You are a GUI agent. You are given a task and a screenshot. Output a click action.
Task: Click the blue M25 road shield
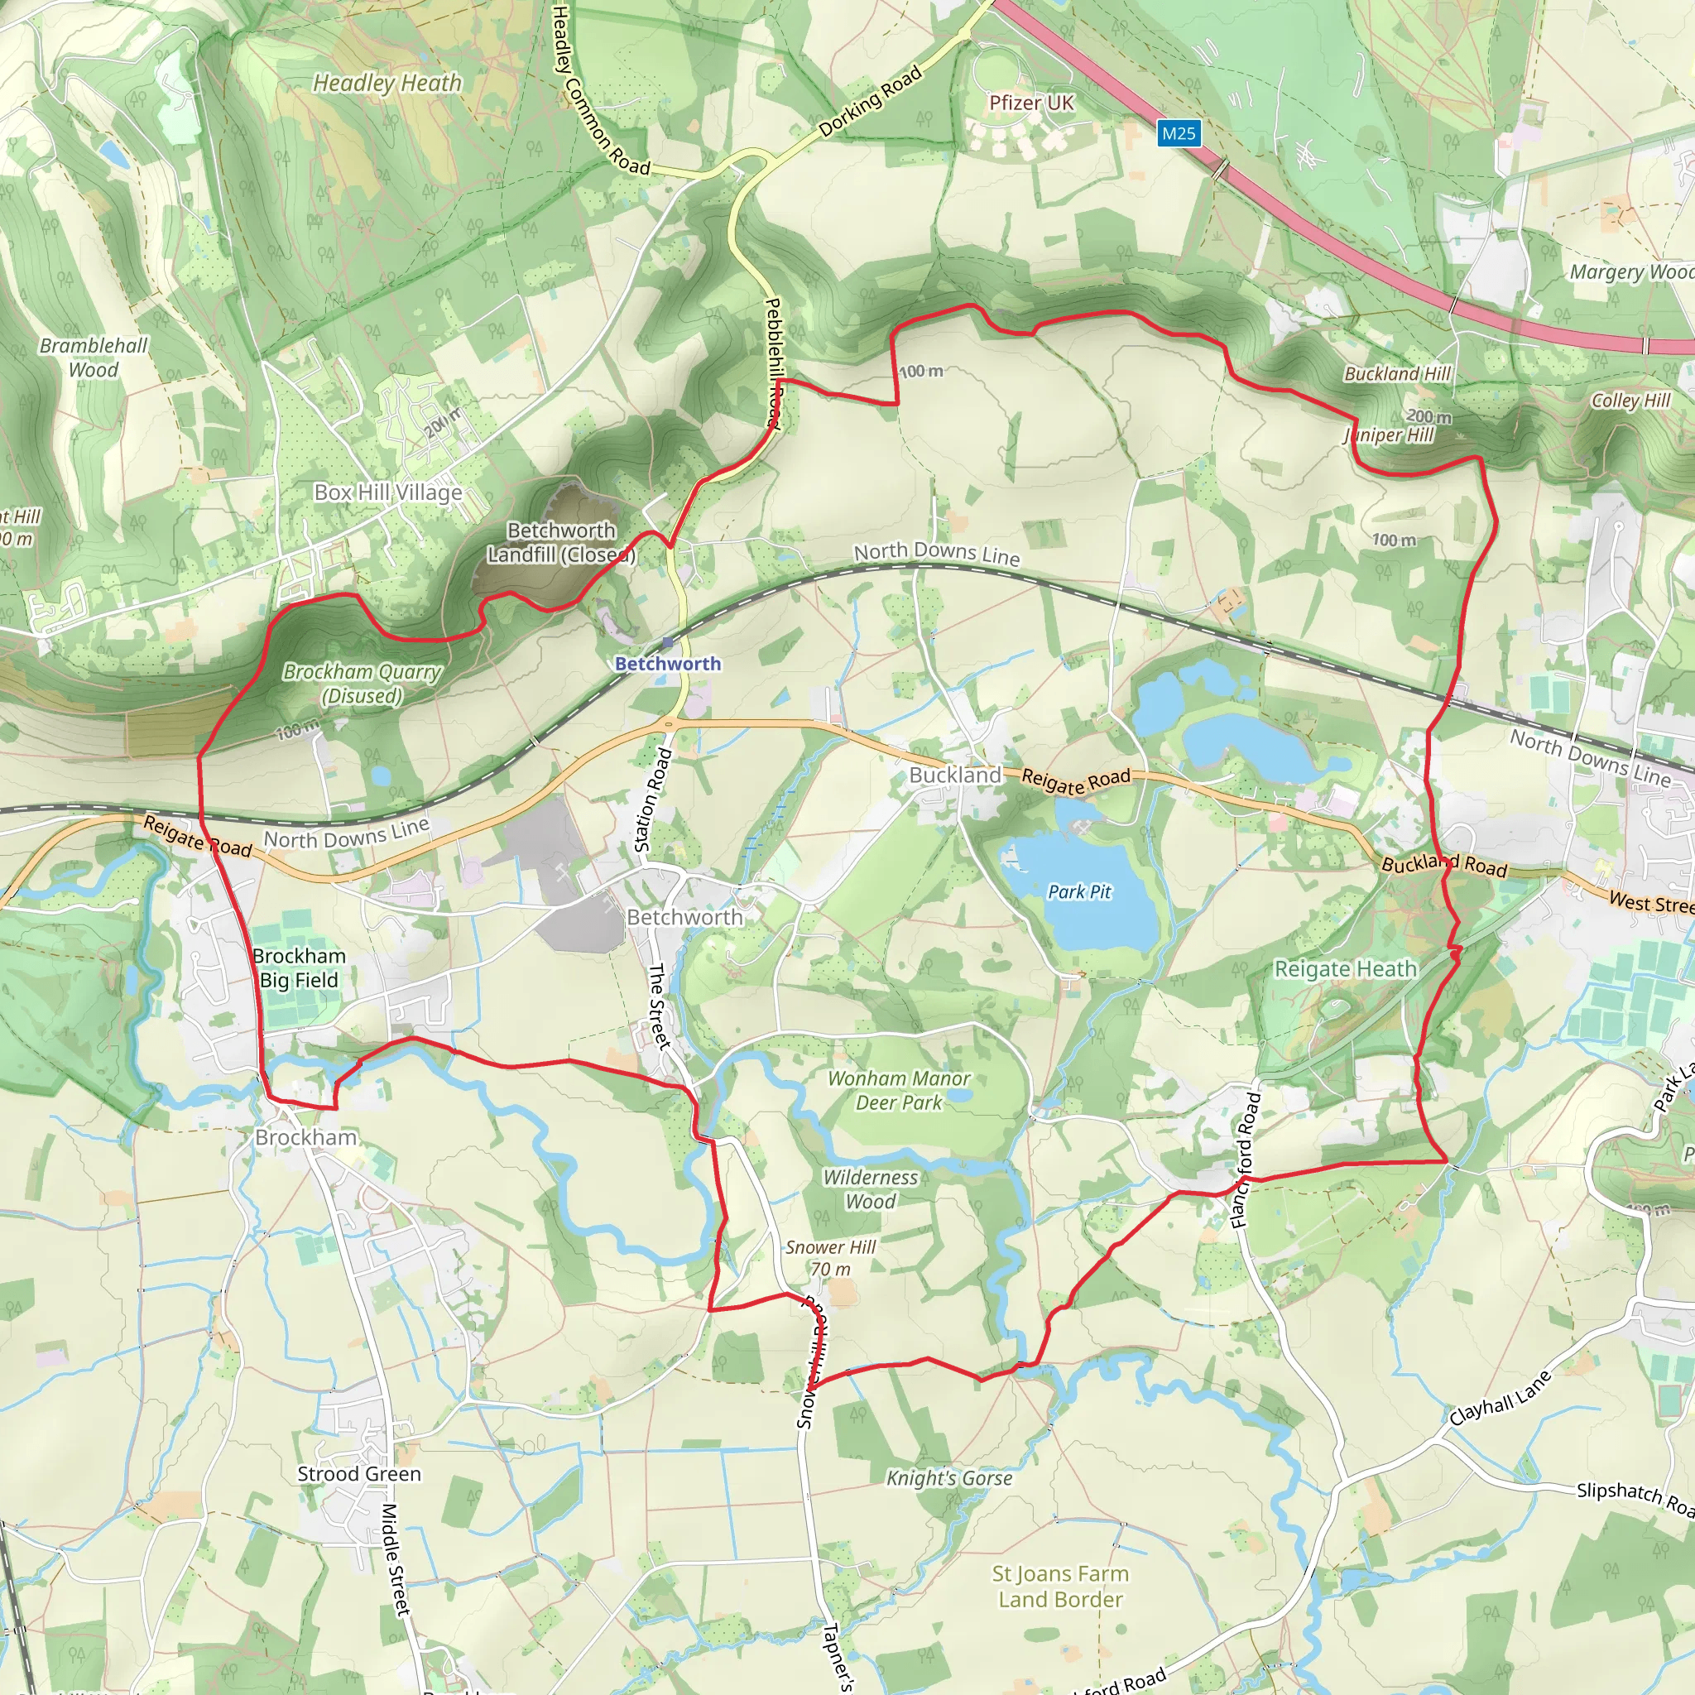tap(1178, 133)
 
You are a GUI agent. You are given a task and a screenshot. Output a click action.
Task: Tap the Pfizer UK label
tap(1031, 103)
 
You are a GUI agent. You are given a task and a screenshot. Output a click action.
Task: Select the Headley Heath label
tap(387, 84)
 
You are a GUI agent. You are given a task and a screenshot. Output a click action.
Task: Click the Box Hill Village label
tap(388, 492)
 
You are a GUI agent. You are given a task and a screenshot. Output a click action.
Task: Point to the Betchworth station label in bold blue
tap(668, 663)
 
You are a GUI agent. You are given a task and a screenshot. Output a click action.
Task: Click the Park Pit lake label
tap(1079, 892)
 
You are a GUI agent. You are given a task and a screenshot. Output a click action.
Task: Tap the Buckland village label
tap(954, 775)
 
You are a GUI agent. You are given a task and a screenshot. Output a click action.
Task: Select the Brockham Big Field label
tap(299, 968)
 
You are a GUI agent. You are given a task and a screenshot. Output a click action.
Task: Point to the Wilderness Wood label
tap(871, 1189)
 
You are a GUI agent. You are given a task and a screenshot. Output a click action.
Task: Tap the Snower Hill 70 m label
tap(830, 1258)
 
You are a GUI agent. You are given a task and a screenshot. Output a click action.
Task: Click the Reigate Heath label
tap(1345, 968)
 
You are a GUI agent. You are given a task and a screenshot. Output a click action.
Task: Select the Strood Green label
tap(359, 1474)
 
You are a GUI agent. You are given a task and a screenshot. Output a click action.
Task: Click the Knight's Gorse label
tap(948, 1478)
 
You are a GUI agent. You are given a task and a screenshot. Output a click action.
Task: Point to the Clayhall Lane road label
tap(1500, 1399)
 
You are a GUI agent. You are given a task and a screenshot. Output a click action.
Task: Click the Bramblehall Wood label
tap(94, 357)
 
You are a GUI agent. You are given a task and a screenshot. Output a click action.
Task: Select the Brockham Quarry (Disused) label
tap(362, 684)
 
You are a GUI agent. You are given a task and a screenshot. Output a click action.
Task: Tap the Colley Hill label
tap(1631, 400)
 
